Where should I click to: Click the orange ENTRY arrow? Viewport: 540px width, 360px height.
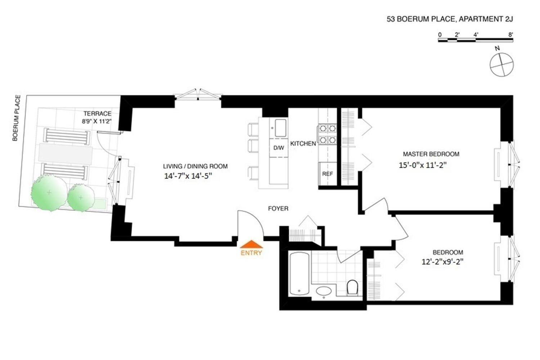tap(252, 244)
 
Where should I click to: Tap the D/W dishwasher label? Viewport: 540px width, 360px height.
tap(279, 148)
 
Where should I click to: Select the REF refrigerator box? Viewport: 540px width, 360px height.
tap(327, 174)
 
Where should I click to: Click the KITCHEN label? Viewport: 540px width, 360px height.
tap(303, 144)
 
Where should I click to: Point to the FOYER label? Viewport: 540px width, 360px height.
tap(278, 208)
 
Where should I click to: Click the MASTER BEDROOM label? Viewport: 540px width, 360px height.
tap(431, 154)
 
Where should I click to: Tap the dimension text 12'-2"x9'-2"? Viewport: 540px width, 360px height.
tap(442, 262)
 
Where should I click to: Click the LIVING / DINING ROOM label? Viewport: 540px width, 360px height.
tap(195, 166)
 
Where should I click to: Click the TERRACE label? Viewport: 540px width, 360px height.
tap(97, 113)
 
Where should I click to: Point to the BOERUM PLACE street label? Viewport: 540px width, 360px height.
tap(16, 118)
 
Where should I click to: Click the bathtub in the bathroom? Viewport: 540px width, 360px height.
tap(299, 273)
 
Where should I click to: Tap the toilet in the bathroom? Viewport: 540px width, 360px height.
tap(352, 287)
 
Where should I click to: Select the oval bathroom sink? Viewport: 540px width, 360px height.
tap(324, 291)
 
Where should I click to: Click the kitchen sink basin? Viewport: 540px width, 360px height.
tap(280, 128)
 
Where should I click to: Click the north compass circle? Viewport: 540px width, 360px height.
tap(501, 64)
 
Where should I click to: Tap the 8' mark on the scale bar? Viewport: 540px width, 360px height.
tap(510, 35)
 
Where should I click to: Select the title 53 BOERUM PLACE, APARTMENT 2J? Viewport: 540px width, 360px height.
tap(450, 19)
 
